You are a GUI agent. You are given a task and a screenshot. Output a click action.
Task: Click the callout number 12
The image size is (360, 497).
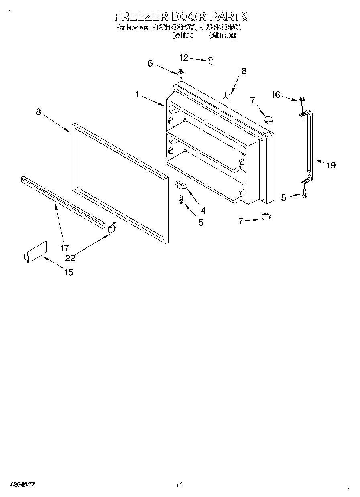coord(183,58)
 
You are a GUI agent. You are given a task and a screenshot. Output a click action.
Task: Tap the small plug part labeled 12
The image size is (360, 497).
coord(210,60)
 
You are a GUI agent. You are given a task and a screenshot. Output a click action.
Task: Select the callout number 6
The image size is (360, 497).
coord(150,63)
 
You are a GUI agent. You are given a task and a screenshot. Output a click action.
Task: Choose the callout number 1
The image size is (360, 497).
coord(137,95)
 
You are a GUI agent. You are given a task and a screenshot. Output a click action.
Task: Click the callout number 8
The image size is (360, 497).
coord(38,112)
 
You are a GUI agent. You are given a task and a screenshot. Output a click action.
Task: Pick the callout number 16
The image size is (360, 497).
coord(275,95)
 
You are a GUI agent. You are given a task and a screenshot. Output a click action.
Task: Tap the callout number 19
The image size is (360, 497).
coord(331,165)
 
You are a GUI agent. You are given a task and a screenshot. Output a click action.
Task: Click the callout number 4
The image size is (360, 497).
coord(203,210)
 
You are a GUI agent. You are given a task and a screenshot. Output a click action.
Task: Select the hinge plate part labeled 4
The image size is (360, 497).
coord(182,185)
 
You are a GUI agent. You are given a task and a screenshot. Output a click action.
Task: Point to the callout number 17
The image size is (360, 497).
coord(65,247)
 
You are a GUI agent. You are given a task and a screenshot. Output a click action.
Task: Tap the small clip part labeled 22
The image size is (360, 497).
coord(112,227)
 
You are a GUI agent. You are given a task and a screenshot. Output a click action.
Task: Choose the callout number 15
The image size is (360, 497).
coord(69,272)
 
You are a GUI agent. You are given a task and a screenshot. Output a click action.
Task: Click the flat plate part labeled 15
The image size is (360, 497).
coord(35,252)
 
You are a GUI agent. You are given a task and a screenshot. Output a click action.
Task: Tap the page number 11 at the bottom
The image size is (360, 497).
coord(179,485)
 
